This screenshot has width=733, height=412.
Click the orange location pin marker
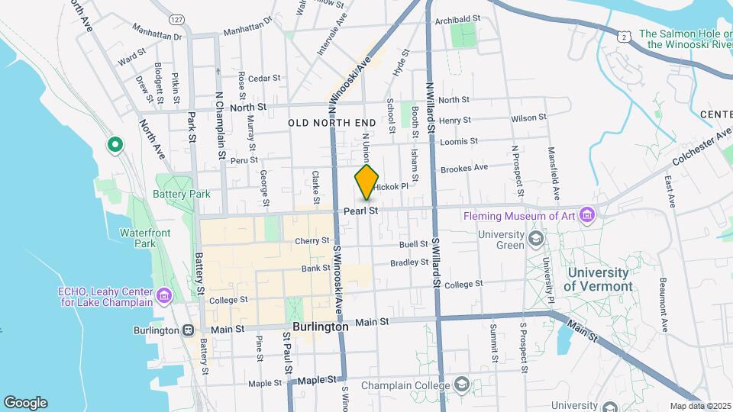(366, 182)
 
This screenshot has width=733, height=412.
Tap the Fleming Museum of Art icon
(586, 216)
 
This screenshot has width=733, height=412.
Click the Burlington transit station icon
(188, 330)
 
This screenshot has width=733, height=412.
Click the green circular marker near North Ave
(115, 143)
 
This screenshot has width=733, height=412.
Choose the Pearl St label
(361, 210)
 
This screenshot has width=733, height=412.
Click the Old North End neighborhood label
(332, 122)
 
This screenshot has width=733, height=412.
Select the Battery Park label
(182, 194)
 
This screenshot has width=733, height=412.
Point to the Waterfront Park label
(137, 238)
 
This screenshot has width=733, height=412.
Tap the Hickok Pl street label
(392, 185)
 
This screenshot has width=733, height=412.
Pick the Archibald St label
(457, 18)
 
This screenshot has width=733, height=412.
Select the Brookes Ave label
(464, 167)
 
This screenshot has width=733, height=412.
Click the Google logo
(25, 402)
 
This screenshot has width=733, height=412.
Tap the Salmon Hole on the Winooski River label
(686, 39)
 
